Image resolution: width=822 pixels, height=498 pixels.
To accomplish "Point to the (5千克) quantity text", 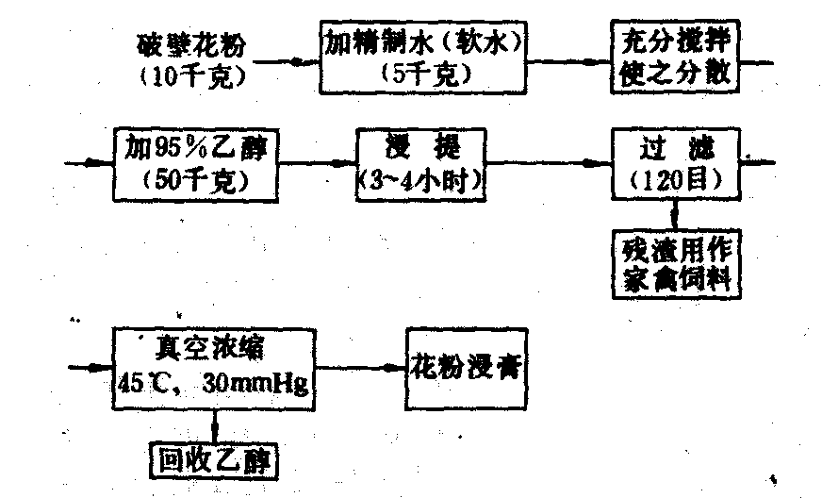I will coord(423,74).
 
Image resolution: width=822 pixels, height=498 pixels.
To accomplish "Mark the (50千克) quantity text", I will coord(197,177).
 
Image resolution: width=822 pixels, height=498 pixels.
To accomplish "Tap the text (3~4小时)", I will coord(420,179).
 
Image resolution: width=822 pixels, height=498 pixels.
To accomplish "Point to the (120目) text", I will coord(673,178).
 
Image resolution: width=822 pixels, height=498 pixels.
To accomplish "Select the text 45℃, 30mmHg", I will coord(215,380).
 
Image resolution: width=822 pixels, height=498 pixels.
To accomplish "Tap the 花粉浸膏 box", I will coord(466,363).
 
